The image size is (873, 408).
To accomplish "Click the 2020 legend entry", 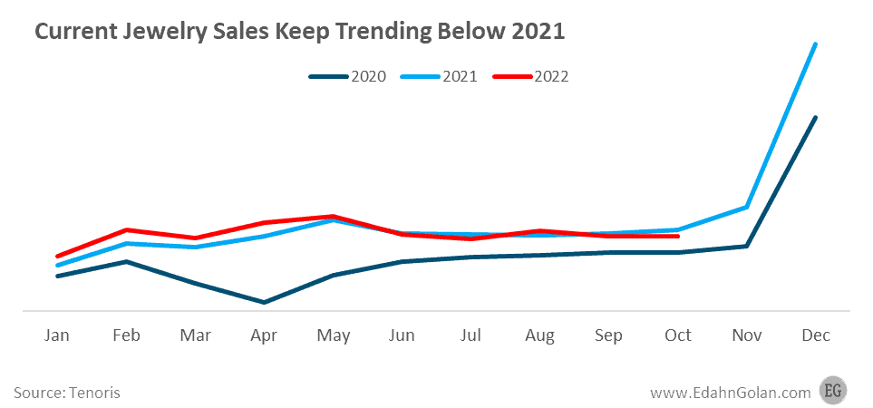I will coord(348,76).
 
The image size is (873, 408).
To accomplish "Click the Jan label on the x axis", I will coord(57,335).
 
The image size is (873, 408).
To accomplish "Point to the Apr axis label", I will coord(264,335).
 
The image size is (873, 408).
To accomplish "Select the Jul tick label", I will coord(470,335).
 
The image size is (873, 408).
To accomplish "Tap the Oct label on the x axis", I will coord(678,335).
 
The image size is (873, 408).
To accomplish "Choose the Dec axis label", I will coord(816,335).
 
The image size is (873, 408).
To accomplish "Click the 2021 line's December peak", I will coord(816,44).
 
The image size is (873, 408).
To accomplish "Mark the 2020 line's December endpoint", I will coord(816,118).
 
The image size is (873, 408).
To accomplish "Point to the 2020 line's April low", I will coord(264,302).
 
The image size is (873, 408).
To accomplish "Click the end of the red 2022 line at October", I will coord(678,236).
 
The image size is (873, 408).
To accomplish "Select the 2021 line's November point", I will coord(747,207).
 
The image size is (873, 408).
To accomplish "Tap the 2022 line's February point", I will coord(126,230).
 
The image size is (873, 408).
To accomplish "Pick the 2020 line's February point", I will coord(126,262).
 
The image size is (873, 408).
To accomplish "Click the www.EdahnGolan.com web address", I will coord(729,393).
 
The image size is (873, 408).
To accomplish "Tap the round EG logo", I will coord(833,391).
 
